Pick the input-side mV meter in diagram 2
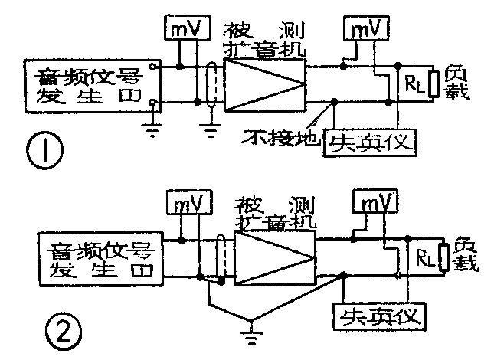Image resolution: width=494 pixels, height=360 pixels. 183,204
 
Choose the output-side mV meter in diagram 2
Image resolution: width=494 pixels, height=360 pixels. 375,202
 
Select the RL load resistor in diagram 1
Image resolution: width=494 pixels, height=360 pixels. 414,84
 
